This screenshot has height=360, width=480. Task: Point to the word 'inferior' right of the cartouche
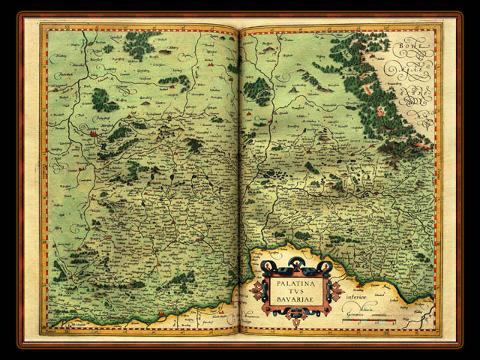point(358,283)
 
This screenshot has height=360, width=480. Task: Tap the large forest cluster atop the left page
point(138,45)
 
